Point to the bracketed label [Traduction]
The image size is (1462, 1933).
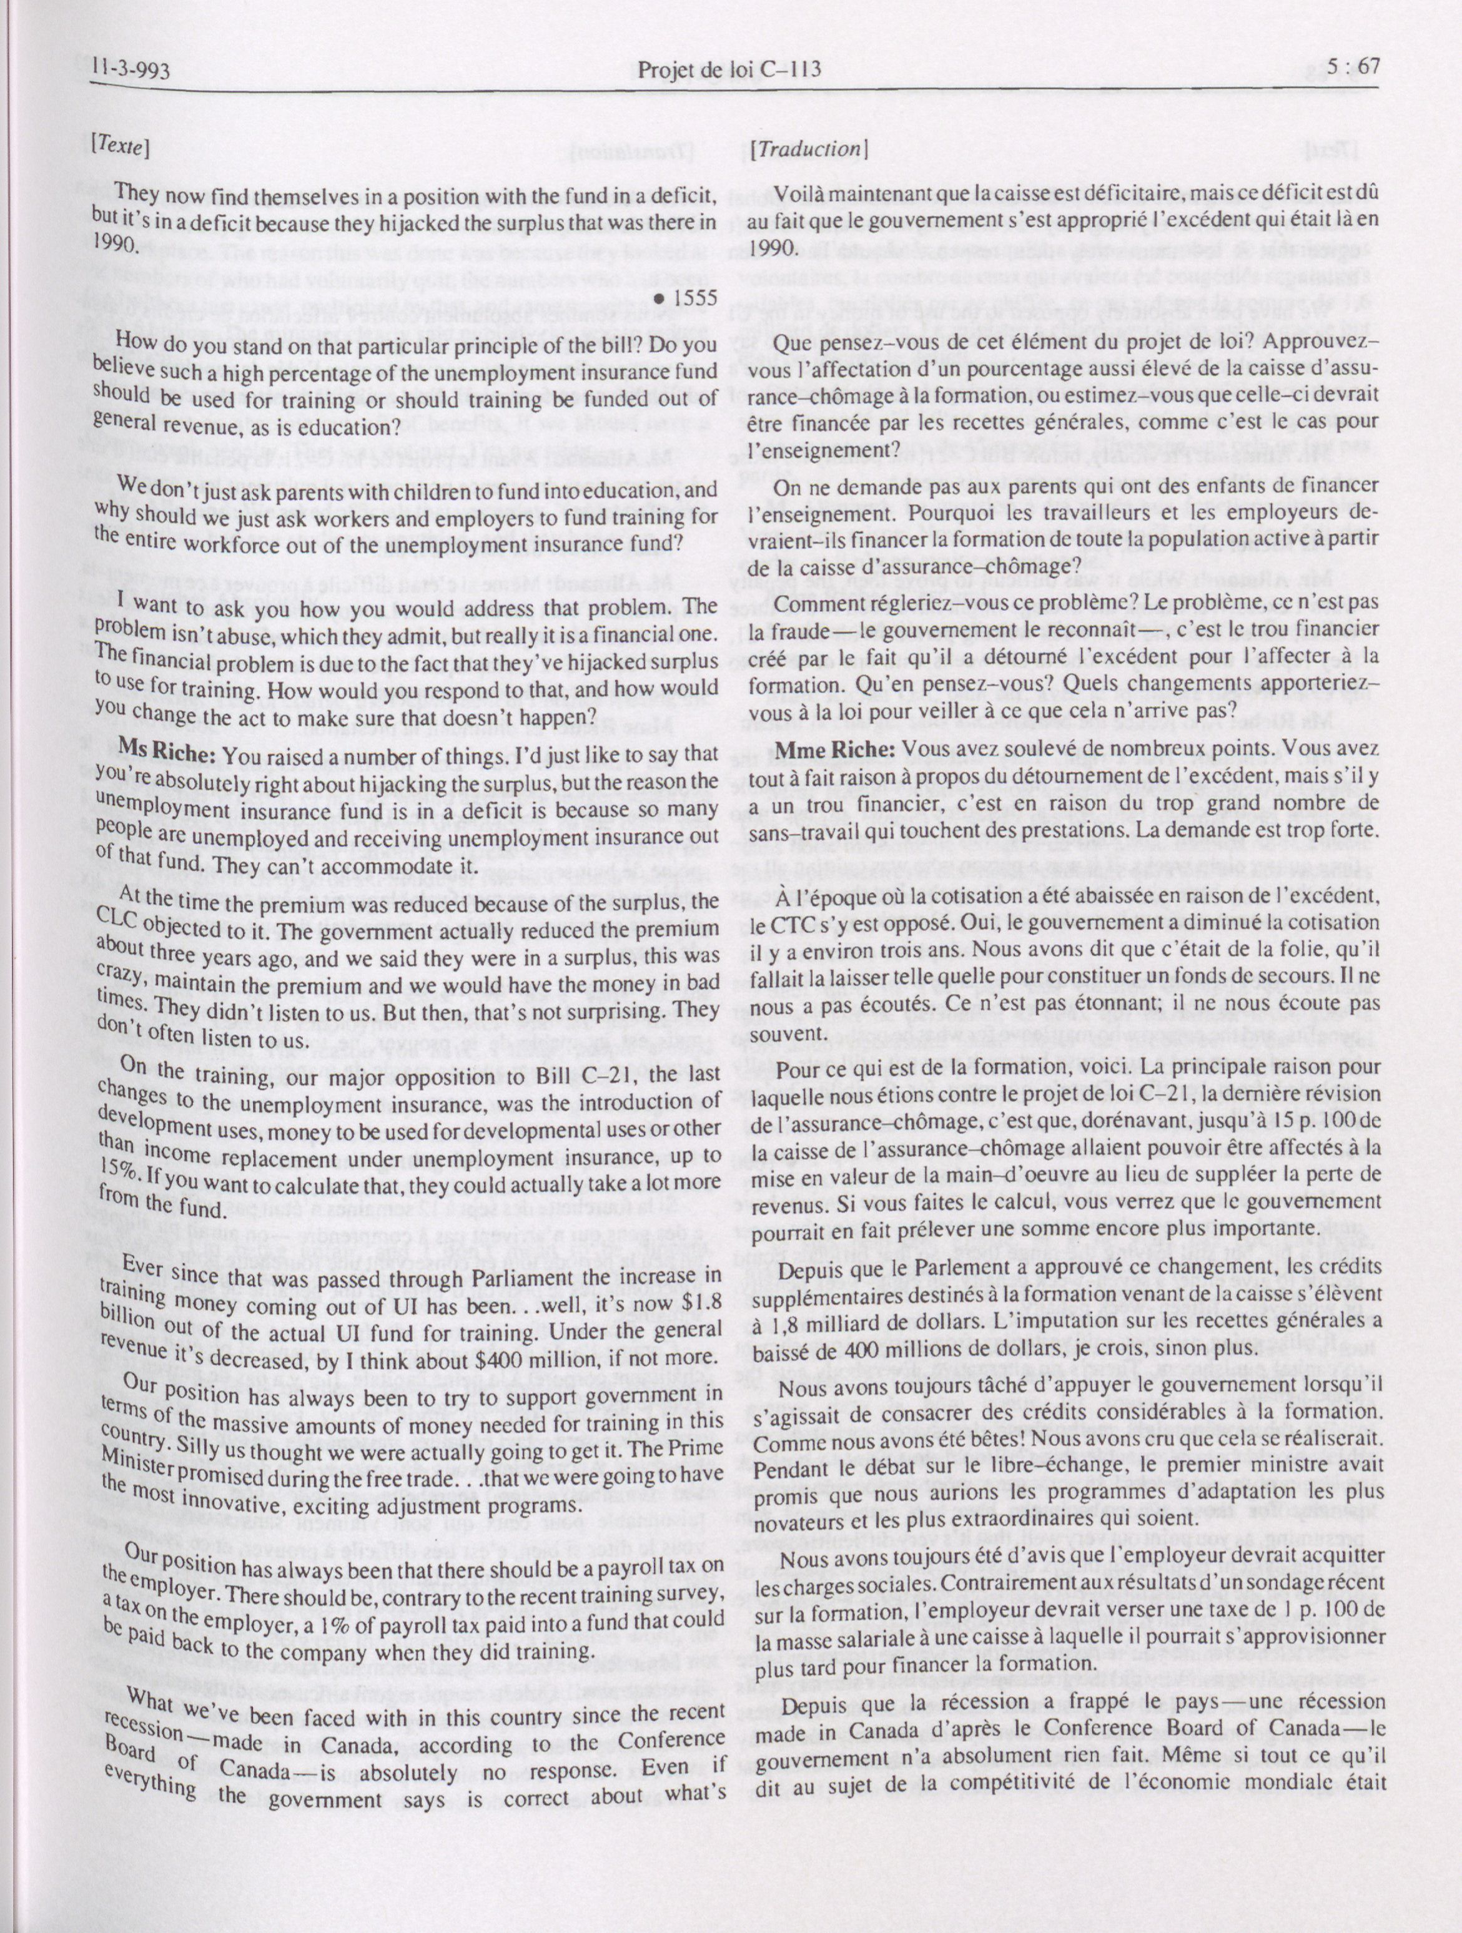tap(808, 149)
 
